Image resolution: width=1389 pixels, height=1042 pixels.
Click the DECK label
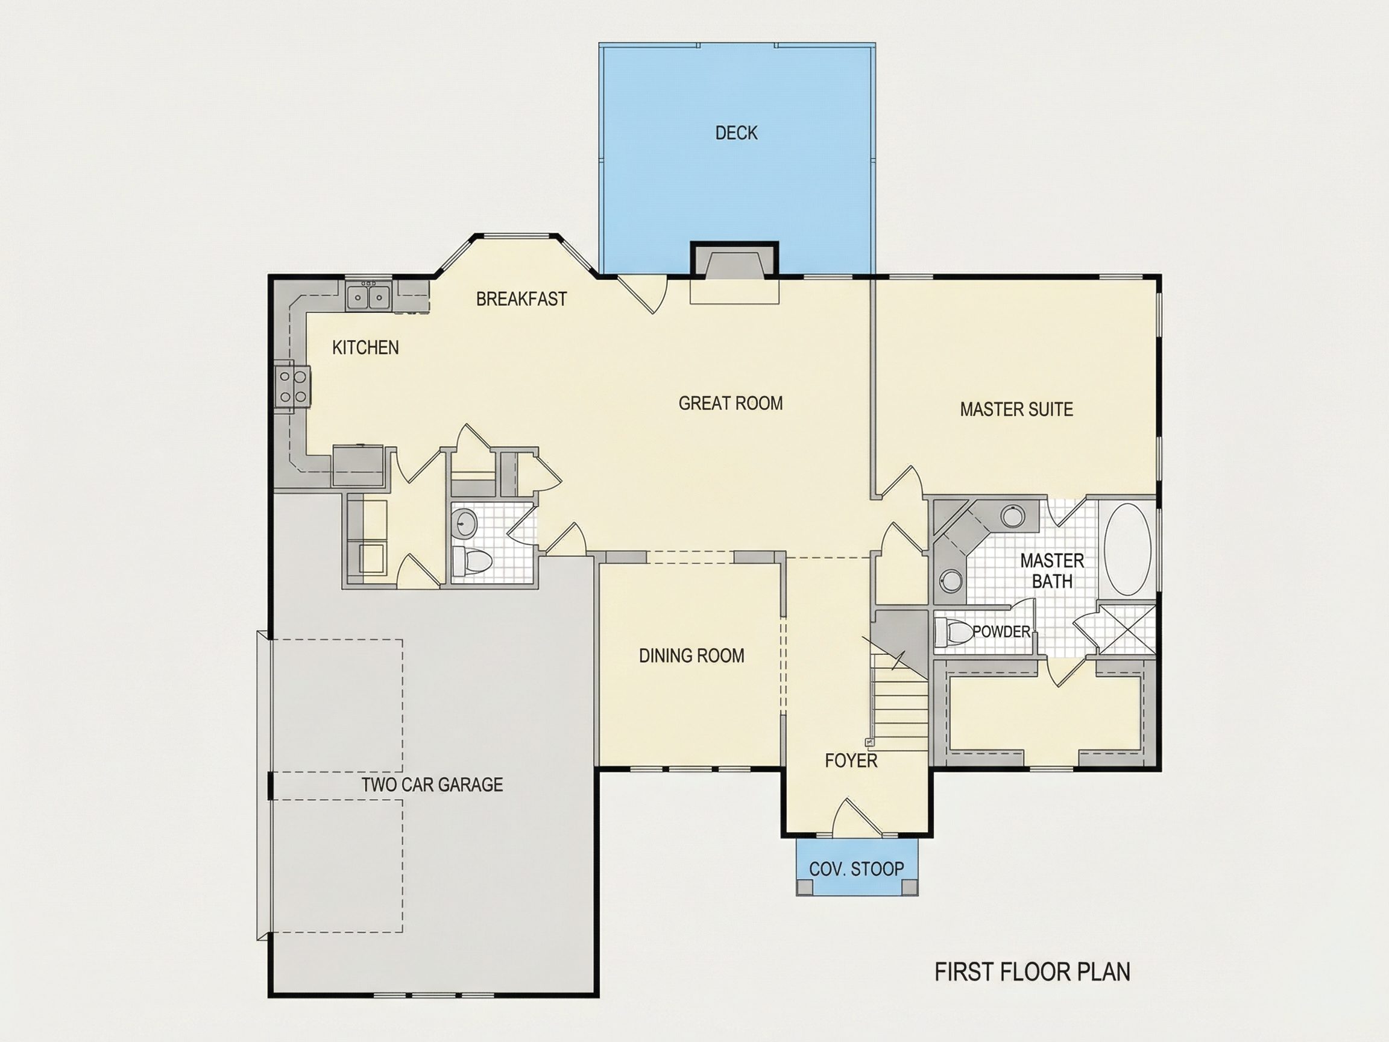736,133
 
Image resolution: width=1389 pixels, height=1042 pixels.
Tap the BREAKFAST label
521,299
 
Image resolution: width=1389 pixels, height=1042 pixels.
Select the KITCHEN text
365,347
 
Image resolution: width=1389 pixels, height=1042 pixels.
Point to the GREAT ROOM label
731,403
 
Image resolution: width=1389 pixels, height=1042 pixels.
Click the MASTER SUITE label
1016,409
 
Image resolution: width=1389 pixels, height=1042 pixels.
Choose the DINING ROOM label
691,655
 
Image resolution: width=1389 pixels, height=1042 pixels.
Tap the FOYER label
851,760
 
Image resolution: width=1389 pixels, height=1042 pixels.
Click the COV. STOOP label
857,869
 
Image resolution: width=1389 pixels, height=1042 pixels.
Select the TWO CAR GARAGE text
432,785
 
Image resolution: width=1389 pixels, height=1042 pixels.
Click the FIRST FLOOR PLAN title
1032,971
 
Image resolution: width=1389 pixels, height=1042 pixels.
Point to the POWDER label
1001,631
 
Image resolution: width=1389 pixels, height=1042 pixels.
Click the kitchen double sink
368,295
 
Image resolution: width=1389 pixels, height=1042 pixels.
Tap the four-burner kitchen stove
292,386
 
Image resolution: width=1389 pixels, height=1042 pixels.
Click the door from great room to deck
642,294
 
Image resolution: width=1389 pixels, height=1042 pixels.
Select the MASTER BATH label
1052,571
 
